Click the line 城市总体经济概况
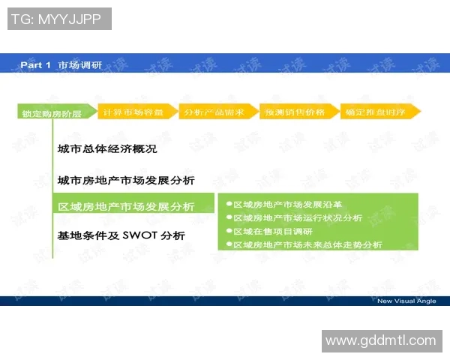coord(107,149)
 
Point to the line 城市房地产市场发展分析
coord(126,180)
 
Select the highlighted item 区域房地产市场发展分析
coord(126,207)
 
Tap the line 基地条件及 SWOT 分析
coord(121,235)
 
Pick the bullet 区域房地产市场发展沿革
coord(288,204)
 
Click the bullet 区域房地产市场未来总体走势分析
coord(307,244)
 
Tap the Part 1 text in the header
coord(35,65)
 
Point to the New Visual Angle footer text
coord(407,301)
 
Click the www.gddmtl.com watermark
coord(381,340)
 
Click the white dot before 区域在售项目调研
coord(229,231)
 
